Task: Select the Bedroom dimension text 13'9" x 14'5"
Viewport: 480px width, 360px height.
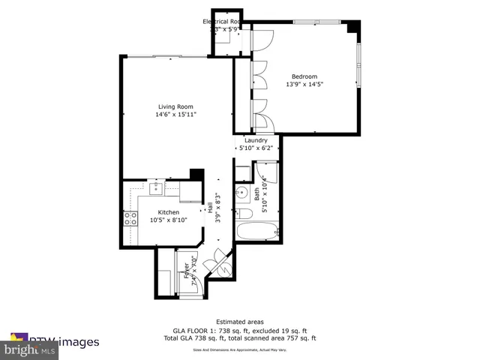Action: [x=304, y=85]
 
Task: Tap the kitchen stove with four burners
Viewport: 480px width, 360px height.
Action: [x=130, y=219]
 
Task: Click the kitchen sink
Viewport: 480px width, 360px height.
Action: [x=156, y=188]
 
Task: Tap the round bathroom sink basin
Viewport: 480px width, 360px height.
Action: [x=241, y=193]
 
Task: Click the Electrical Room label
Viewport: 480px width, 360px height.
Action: [x=222, y=22]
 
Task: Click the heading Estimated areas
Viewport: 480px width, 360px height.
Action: [x=240, y=321]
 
